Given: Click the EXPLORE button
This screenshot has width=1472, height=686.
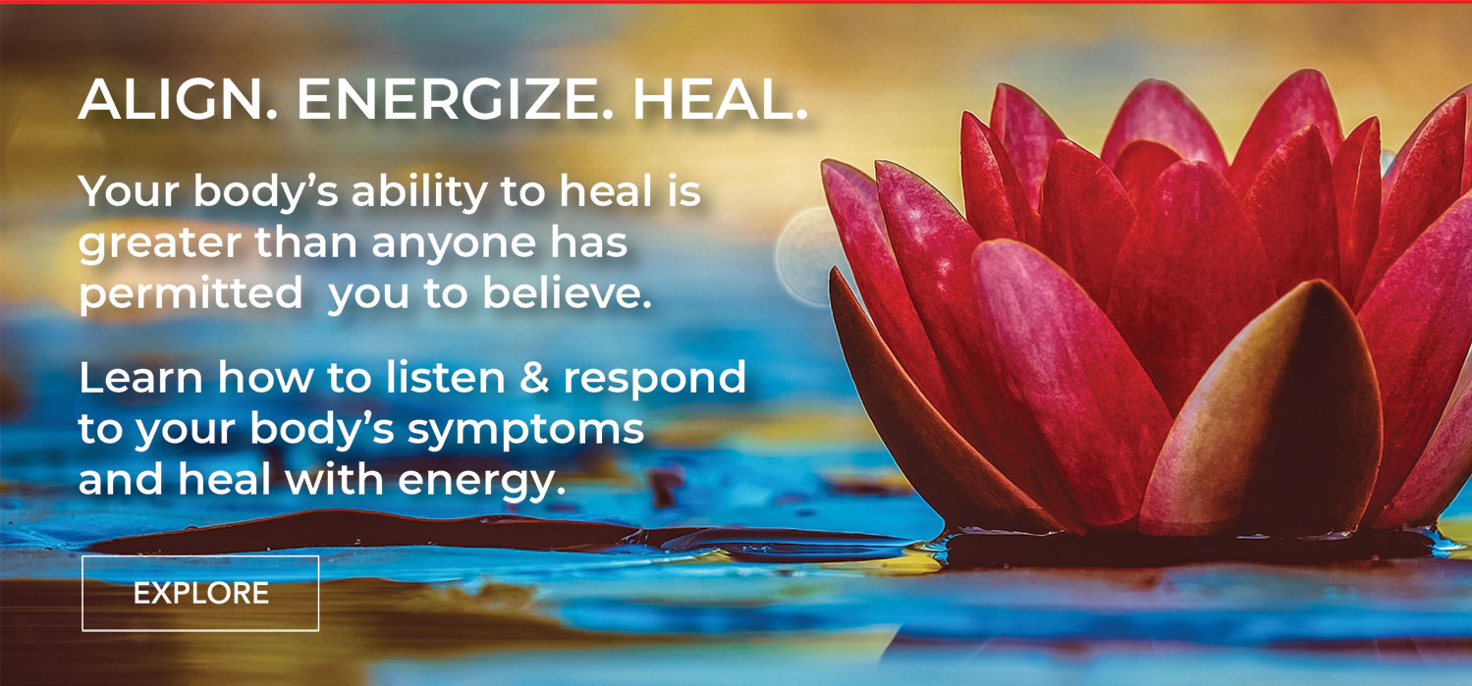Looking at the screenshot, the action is [200, 593].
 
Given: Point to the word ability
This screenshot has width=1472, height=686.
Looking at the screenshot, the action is [419, 191].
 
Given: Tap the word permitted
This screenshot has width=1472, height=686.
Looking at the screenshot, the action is [191, 292].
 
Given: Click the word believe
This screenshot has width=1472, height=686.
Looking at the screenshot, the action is [568, 292].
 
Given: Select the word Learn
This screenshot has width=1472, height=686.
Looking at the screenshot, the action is [140, 378].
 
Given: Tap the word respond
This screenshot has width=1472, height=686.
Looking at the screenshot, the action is [655, 380].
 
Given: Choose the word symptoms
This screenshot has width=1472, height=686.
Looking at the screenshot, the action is [525, 431].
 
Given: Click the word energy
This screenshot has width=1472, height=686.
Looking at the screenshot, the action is [482, 481].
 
